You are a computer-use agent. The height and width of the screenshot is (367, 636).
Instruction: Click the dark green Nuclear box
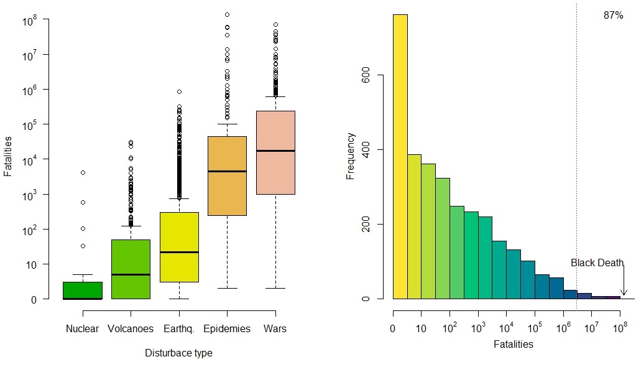83,290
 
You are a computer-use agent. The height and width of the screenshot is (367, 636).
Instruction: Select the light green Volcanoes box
131,269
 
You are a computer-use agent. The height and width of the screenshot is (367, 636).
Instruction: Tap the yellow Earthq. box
179,246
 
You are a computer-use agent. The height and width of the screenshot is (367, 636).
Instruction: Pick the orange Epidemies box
227,176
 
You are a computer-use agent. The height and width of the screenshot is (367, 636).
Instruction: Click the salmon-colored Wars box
275,152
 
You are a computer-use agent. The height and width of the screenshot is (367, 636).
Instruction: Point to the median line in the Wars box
275,151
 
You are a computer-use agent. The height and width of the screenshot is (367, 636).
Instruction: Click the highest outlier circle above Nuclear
83,172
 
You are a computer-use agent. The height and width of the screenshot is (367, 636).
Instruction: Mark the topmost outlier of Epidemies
227,14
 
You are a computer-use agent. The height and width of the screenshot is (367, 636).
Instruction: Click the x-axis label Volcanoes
131,328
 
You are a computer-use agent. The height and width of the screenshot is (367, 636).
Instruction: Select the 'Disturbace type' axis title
178,353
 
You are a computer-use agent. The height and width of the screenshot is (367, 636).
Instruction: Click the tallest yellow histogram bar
400,156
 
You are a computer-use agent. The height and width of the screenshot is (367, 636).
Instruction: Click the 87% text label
613,16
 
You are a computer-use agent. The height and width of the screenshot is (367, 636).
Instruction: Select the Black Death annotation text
596,263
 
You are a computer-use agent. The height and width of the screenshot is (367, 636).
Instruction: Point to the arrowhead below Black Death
624,293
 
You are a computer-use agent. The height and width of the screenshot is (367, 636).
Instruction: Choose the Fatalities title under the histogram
513,343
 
